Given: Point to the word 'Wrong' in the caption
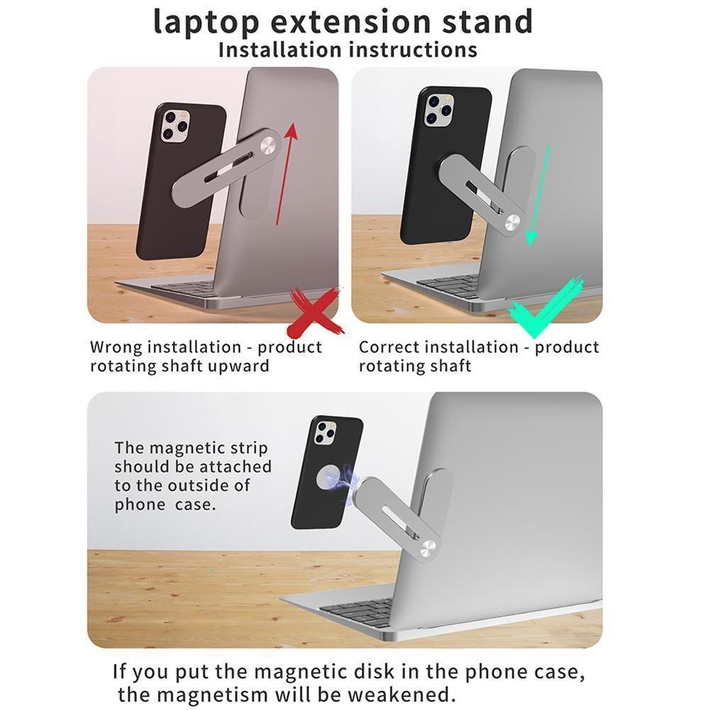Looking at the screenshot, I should pyautogui.click(x=117, y=348).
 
